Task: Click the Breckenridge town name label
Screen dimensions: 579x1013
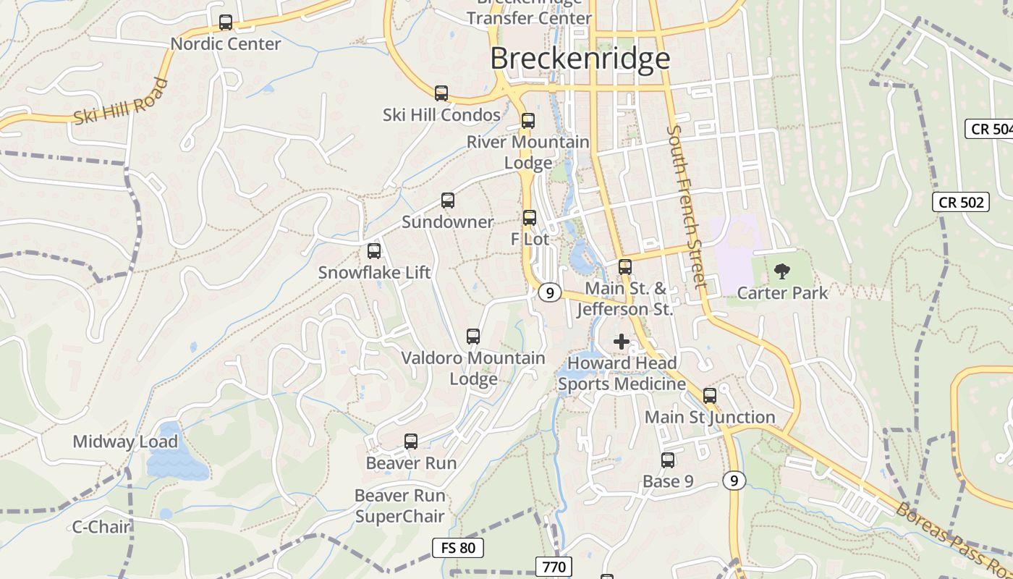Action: point(580,59)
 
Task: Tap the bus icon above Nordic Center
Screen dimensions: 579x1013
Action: point(226,22)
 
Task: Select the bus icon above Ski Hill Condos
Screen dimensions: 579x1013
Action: point(441,93)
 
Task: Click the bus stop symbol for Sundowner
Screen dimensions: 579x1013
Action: point(448,200)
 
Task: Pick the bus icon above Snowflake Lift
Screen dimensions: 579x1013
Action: point(374,251)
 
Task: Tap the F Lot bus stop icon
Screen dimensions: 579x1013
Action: point(530,217)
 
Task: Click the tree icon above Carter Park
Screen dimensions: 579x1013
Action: point(781,271)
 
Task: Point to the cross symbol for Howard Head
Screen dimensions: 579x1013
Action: point(621,342)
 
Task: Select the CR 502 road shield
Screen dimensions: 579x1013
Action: point(961,202)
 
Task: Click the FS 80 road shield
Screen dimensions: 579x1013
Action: point(458,548)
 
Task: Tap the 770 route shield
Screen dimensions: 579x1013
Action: point(554,566)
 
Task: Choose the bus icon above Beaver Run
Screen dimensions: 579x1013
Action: point(411,441)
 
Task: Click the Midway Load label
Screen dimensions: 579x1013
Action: point(125,441)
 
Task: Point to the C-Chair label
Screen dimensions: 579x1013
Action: point(101,527)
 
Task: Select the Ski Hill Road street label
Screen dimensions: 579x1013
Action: point(121,102)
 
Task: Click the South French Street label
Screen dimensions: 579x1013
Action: point(686,207)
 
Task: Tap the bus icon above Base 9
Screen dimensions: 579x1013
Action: point(668,460)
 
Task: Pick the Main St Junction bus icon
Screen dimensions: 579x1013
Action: point(710,396)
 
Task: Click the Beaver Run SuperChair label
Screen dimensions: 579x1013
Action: point(399,506)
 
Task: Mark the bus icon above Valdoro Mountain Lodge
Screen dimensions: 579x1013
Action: point(473,337)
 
